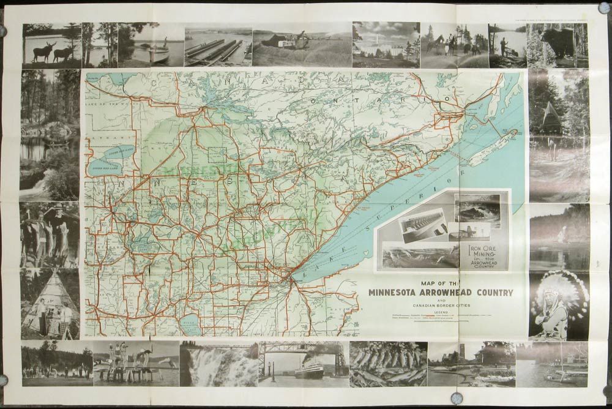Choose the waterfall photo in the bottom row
[x=218, y=364]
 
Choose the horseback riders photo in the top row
[x=453, y=45]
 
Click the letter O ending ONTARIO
[x=448, y=99]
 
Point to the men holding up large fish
[x=49, y=235]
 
